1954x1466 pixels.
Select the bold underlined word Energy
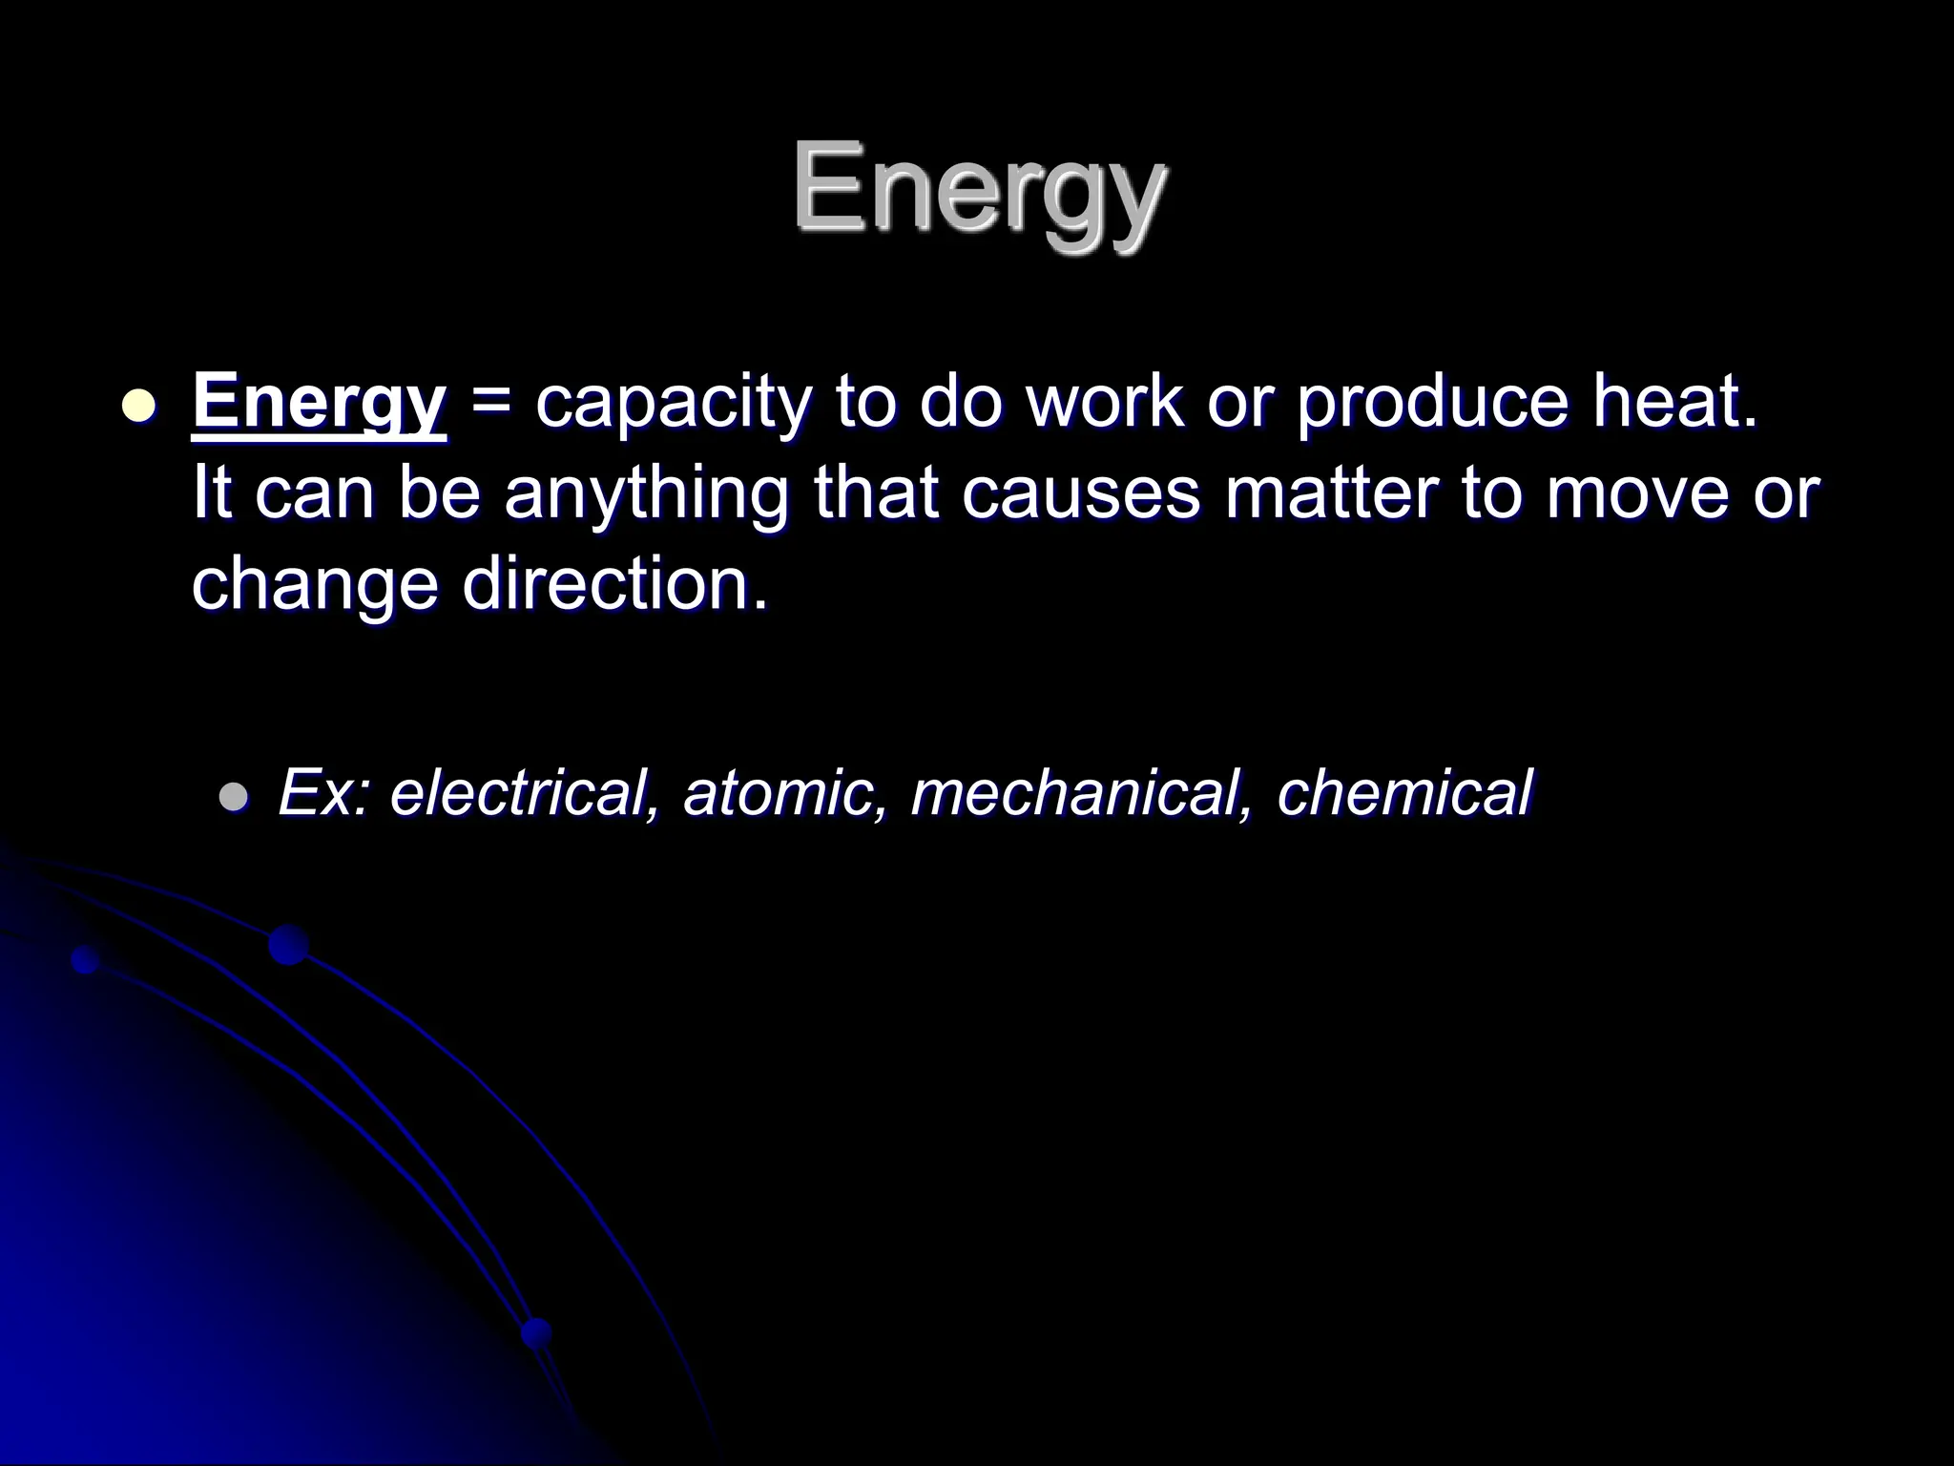[x=319, y=403]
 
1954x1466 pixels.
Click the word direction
[x=615, y=584]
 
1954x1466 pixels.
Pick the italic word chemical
[x=1403, y=792]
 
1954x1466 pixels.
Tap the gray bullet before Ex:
[x=233, y=795]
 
